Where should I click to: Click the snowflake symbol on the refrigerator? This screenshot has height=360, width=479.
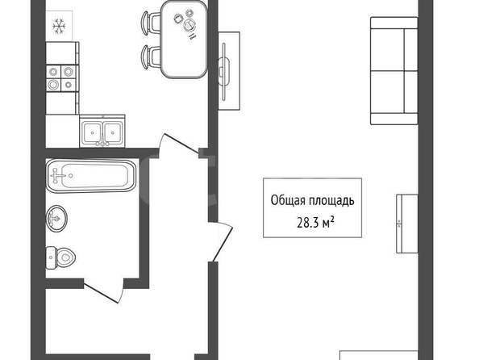[x=59, y=26]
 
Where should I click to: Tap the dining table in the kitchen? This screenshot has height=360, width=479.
[x=184, y=39]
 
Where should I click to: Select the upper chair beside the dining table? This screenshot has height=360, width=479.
[x=151, y=22]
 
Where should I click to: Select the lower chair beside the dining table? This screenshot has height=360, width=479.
[x=151, y=57]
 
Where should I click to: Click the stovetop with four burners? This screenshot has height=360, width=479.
[x=62, y=78]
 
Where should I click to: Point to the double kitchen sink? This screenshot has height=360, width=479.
[x=102, y=132]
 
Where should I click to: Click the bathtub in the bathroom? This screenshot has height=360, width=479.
[x=91, y=176]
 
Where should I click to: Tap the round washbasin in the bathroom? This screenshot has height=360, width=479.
[x=56, y=219]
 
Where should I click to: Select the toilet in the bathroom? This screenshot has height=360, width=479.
[x=60, y=257]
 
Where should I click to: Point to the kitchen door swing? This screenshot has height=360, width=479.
[x=179, y=144]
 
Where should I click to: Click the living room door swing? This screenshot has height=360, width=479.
[x=223, y=241]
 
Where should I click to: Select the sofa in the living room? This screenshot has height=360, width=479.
[x=394, y=71]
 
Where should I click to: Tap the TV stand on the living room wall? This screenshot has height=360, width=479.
[x=229, y=71]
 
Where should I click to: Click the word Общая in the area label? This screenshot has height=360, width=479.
[x=288, y=201]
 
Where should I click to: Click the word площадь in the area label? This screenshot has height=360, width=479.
[x=331, y=201]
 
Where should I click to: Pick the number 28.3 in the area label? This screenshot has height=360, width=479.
[x=308, y=224]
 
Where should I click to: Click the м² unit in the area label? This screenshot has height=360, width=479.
[x=328, y=223]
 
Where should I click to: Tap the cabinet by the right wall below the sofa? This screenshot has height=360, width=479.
[x=407, y=224]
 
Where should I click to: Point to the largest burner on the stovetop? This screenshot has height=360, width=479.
[x=53, y=85]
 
